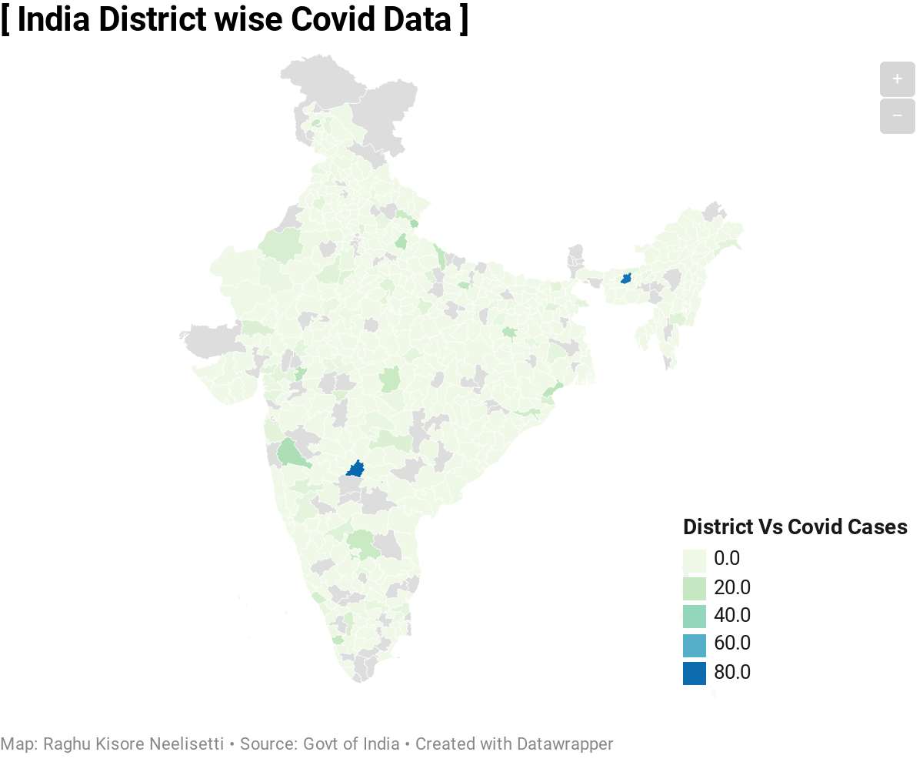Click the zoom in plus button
[x=897, y=79]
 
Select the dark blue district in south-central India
[x=355, y=469]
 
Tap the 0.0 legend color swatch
[x=694, y=560]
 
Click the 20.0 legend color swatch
[x=694, y=588]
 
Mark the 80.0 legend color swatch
[x=694, y=673]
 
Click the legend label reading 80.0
[x=731, y=673]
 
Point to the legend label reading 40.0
[x=731, y=616]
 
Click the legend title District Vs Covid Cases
[x=795, y=527]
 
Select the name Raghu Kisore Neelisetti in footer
[x=133, y=744]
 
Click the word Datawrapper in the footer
[x=565, y=744]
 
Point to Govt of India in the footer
[x=351, y=744]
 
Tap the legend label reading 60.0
[x=731, y=644]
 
